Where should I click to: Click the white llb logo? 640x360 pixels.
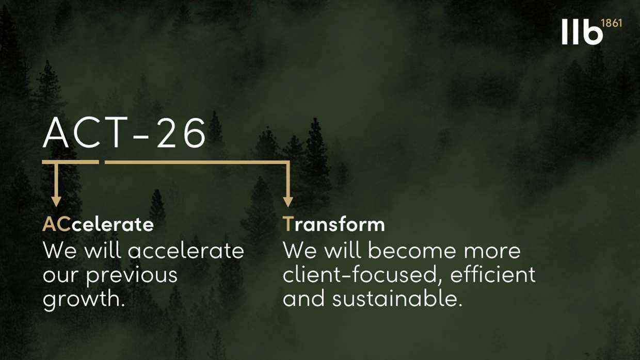tap(582, 31)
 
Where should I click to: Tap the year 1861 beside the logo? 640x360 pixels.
tap(612, 23)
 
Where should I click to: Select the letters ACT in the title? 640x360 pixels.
tap(85, 133)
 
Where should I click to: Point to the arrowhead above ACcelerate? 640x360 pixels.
tap(56, 201)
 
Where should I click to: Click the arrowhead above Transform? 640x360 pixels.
tap(287, 202)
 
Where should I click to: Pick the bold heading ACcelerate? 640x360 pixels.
tap(98, 224)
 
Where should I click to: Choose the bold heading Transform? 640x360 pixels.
tap(334, 224)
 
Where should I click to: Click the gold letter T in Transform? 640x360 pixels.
tap(289, 224)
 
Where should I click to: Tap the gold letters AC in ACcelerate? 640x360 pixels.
tap(57, 224)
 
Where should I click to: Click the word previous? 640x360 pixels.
tap(132, 276)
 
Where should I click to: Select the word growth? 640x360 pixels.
tap(84, 300)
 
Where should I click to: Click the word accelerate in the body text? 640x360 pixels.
tap(186, 250)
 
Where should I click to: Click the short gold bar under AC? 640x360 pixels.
tap(71, 162)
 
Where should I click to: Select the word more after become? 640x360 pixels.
tap(492, 252)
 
